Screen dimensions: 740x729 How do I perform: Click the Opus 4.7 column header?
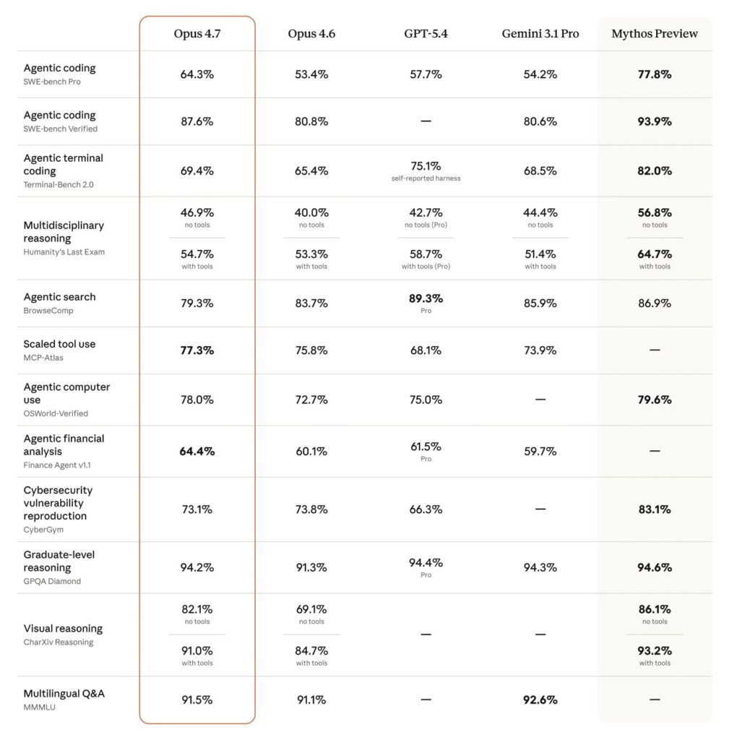(197, 34)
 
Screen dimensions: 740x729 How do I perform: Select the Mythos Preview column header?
(655, 34)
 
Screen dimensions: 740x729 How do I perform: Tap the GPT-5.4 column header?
(426, 34)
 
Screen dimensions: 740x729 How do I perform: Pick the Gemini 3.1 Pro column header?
(540, 34)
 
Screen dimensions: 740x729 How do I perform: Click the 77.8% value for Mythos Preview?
(655, 74)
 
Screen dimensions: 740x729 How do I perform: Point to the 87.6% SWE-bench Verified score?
(197, 121)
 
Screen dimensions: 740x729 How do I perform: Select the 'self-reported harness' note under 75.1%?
(426, 178)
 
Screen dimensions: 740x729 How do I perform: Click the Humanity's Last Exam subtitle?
(64, 252)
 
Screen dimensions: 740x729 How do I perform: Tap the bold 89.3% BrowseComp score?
(426, 298)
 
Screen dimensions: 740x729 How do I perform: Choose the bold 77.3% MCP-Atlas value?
(197, 350)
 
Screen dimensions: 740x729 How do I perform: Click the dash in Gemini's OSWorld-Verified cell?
(540, 400)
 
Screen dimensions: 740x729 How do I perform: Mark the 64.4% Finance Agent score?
(197, 452)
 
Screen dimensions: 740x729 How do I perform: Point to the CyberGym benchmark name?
(43, 530)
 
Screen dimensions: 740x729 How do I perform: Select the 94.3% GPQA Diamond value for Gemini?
(540, 568)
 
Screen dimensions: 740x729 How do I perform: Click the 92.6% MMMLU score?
(540, 700)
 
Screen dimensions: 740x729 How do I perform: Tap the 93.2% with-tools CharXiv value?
(655, 651)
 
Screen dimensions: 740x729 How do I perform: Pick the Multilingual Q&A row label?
(64, 694)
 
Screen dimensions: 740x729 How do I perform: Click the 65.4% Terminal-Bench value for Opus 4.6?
(311, 171)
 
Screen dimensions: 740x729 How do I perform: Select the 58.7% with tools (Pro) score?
(426, 254)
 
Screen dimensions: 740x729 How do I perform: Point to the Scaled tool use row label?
(59, 344)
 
